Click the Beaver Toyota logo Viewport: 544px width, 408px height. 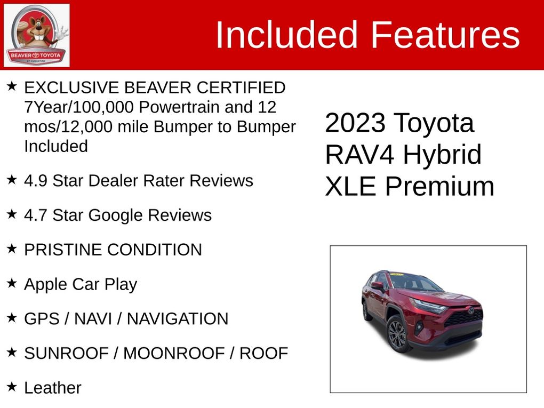point(36,35)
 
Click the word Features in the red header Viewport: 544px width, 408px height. point(445,35)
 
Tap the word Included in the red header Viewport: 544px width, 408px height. point(286,35)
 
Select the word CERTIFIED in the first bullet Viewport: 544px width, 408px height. point(241,87)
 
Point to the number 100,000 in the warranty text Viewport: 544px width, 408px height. point(103,107)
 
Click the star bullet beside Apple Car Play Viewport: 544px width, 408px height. point(12,283)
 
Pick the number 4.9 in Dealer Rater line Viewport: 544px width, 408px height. point(36,181)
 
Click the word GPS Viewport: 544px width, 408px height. point(42,319)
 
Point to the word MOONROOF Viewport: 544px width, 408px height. point(174,354)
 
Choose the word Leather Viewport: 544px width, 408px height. point(53,388)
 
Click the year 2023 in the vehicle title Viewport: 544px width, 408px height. point(355,123)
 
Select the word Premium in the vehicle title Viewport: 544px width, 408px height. point(439,186)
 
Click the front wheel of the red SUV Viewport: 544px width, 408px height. point(397,335)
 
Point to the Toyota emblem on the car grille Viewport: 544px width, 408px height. point(470,310)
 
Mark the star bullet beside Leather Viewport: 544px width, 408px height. point(12,387)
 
